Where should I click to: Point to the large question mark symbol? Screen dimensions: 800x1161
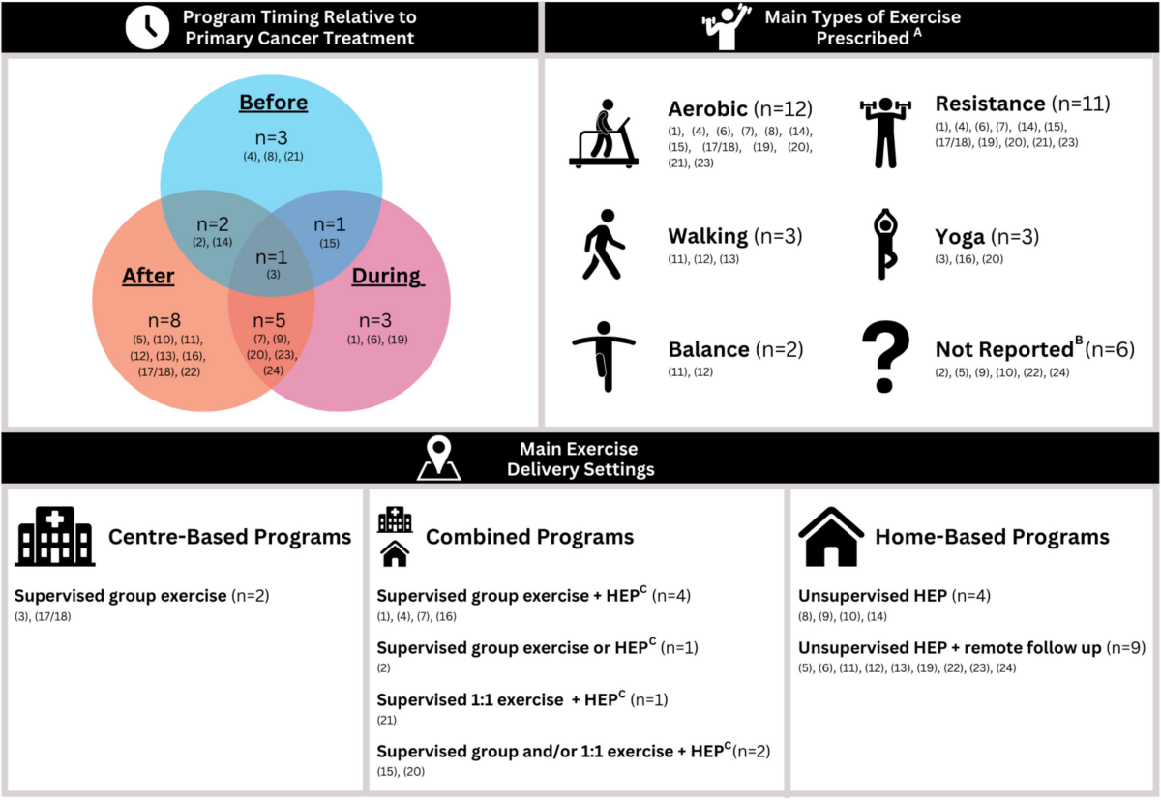pyautogui.click(x=883, y=357)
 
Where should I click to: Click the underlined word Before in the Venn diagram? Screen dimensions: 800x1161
pyautogui.click(x=273, y=103)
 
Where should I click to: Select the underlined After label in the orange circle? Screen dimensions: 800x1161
pyautogui.click(x=148, y=276)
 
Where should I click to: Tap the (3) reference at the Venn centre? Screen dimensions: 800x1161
pyautogui.click(x=273, y=276)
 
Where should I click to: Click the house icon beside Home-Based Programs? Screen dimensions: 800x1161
pyautogui.click(x=830, y=537)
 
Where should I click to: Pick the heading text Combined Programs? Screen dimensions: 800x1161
pyautogui.click(x=529, y=537)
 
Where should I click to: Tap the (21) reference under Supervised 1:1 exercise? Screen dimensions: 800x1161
pyautogui.click(x=387, y=719)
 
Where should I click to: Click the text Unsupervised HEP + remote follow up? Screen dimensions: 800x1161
pyautogui.click(x=949, y=648)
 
